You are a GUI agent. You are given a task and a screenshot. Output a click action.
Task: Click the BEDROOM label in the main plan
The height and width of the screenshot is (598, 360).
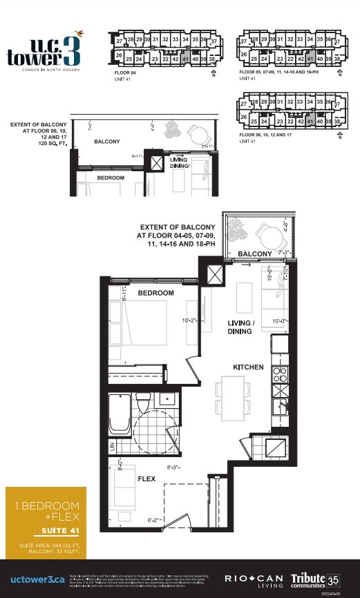tap(156, 293)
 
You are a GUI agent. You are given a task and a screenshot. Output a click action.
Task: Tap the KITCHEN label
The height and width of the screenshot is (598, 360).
tap(248, 367)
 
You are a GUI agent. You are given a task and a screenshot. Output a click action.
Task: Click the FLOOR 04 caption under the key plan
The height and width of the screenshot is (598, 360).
tap(126, 72)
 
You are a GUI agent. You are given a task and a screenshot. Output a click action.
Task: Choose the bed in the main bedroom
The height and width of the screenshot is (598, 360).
tap(142, 324)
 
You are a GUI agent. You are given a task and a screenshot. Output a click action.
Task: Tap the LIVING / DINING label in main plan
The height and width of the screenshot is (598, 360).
tap(240, 327)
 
